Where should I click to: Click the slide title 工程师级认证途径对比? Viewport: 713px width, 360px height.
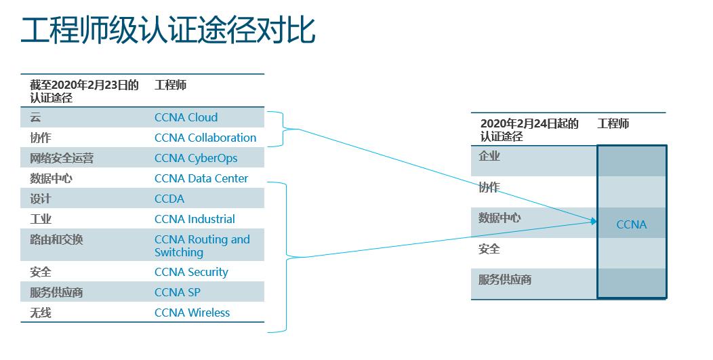[168, 31]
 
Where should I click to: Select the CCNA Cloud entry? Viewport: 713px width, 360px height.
[186, 117]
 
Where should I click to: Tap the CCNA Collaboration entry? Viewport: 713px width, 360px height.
[205, 138]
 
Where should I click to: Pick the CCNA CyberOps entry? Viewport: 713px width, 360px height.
[196, 158]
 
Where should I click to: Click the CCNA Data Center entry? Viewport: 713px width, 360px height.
[201, 178]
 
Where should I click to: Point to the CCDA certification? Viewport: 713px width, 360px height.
[169, 199]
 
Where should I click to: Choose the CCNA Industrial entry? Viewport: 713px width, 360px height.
[195, 219]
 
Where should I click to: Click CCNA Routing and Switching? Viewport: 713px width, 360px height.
[201, 245]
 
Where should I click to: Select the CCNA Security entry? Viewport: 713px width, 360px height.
[191, 272]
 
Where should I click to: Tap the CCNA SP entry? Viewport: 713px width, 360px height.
[177, 292]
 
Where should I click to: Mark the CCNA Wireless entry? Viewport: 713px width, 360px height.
[192, 313]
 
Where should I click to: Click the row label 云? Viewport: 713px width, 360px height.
[35, 117]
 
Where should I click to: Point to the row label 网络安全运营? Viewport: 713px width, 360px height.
[62, 158]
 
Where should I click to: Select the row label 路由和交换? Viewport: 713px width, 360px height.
[56, 239]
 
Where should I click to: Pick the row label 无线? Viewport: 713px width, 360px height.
[41, 313]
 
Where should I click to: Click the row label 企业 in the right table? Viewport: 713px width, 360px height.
[489, 156]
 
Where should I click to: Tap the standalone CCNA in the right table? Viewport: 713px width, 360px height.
[631, 224]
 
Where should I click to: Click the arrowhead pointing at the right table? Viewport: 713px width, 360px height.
[594, 221]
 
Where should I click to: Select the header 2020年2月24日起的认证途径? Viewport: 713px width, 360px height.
[529, 129]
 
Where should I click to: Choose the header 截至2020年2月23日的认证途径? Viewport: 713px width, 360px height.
[83, 91]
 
